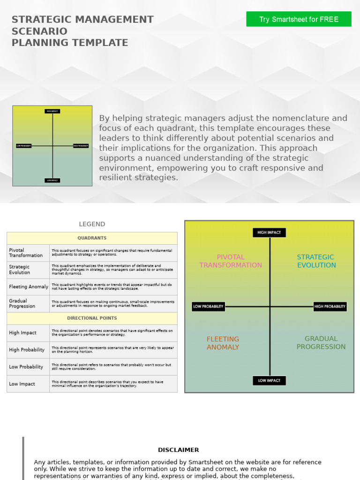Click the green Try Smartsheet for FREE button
coord(299,19)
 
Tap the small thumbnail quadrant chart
coord(52,146)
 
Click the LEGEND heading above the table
coord(92,224)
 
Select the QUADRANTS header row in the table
coord(92,238)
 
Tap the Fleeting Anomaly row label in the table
coord(29,287)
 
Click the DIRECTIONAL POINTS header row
coord(92,318)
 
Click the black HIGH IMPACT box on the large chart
coord(269,232)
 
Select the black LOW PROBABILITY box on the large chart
coord(209,307)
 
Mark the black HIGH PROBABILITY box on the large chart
coord(330,307)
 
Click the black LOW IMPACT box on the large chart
coord(269,381)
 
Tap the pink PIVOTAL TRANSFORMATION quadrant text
coord(231,261)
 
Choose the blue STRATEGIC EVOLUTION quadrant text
coord(316,261)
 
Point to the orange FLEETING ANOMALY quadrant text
coord(223,343)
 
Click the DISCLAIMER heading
coord(179,450)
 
